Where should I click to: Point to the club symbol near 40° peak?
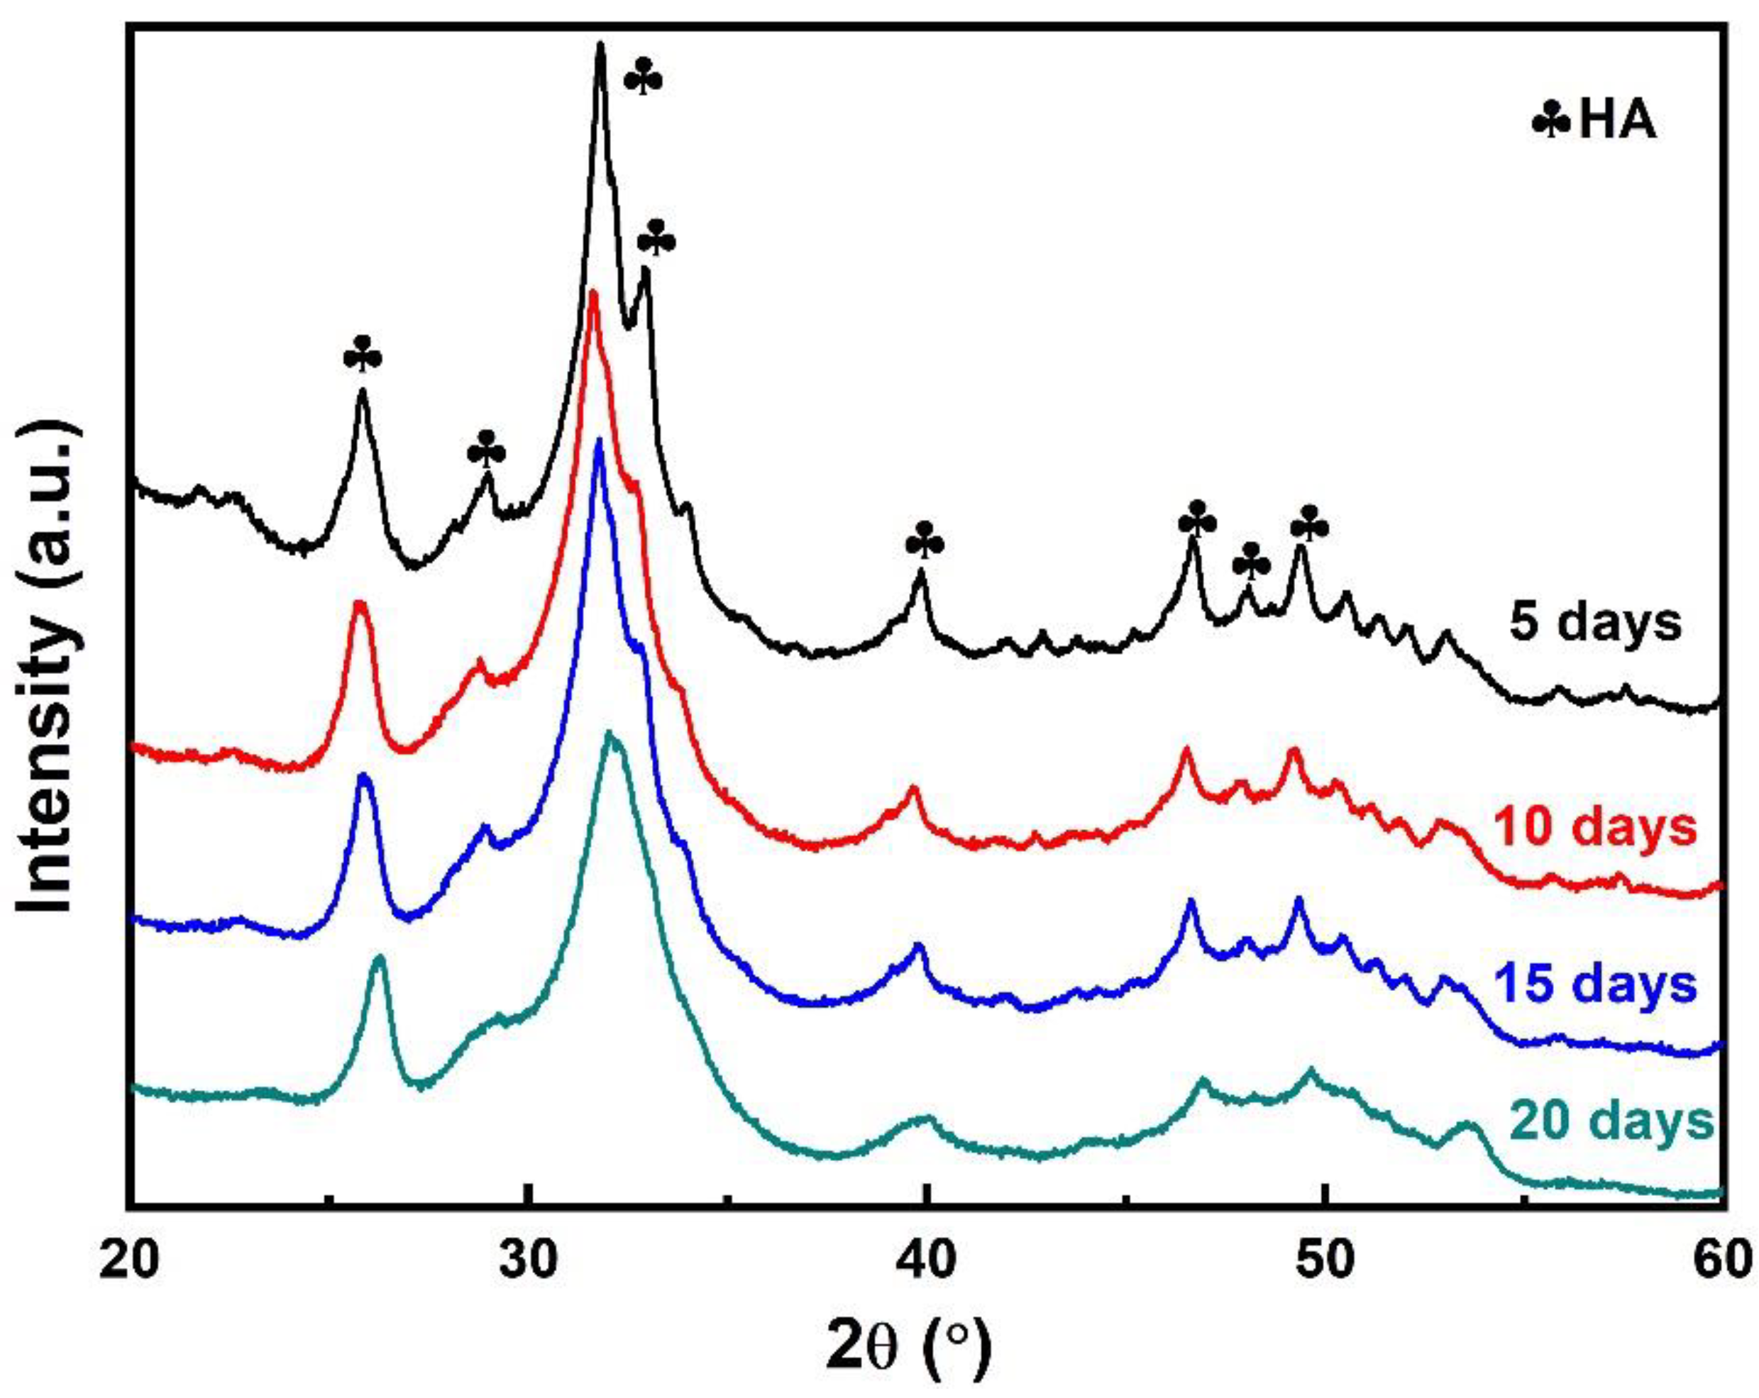[926, 540]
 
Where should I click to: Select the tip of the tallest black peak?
[600, 44]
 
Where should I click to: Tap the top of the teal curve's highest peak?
[609, 734]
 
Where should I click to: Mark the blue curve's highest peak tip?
[600, 441]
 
